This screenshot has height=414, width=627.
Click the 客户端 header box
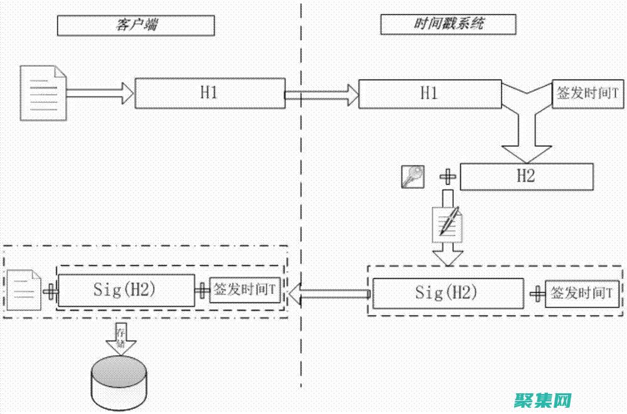(136, 25)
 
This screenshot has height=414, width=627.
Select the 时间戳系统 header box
(448, 24)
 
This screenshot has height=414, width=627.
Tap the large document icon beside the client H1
(43, 93)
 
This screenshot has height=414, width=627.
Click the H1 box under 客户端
(210, 93)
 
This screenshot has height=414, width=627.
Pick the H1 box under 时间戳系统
(429, 93)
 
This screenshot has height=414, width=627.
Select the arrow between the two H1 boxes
(322, 95)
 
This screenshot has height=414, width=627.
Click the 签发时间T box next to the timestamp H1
(587, 93)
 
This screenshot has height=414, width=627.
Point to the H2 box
(527, 176)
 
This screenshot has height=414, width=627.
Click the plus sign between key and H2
(448, 177)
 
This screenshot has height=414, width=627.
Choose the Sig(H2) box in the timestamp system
(448, 292)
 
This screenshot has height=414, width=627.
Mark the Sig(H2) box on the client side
(125, 289)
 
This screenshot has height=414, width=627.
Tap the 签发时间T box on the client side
(245, 290)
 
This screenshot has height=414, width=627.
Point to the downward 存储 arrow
(120, 336)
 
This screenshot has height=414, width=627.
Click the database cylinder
(119, 379)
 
